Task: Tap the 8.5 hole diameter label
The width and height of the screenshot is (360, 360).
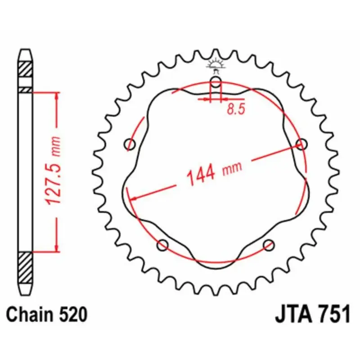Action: pos(236,109)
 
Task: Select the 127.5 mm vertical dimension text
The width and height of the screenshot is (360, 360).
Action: pos(53,171)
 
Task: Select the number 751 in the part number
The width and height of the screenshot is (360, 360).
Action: pos(335,314)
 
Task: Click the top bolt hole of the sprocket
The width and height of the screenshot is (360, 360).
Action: pos(216,82)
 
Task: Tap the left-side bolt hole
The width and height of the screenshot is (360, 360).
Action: pos(130,144)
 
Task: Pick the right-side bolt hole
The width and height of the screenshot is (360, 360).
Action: pos(301,144)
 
